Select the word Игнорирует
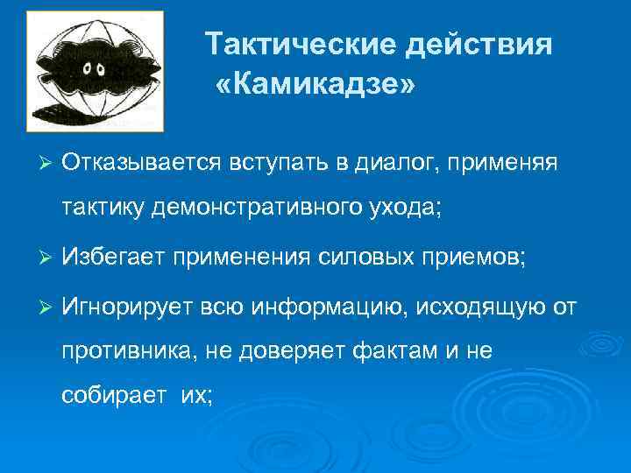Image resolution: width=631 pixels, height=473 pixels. [x=126, y=307]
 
